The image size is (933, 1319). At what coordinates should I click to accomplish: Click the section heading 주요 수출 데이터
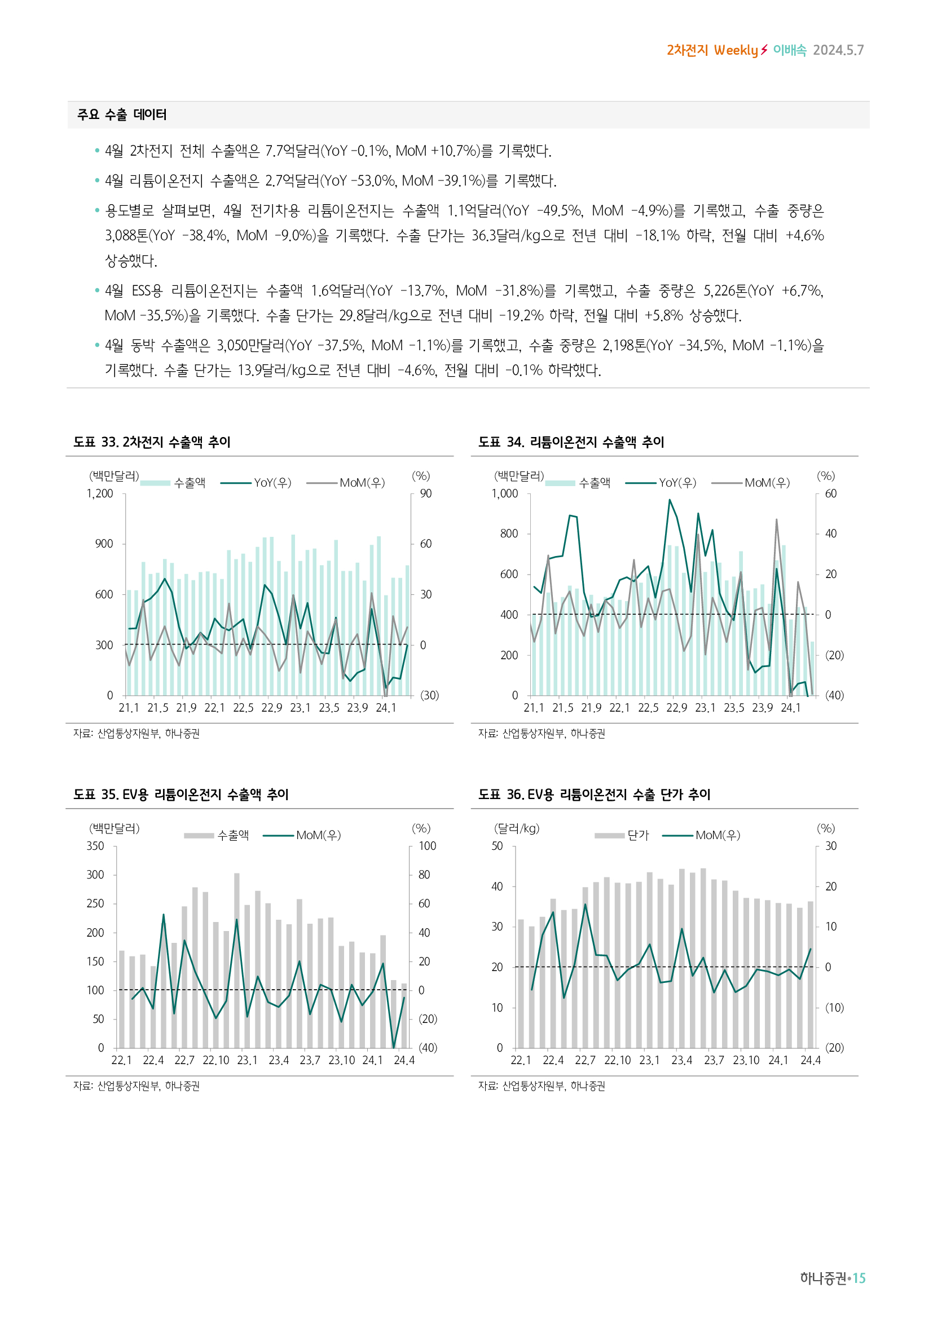pos(122,115)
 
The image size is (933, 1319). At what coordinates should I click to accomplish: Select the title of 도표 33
pos(152,442)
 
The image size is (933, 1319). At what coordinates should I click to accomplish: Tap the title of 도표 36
pos(594,795)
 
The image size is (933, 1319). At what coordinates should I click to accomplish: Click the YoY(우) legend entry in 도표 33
pos(272,483)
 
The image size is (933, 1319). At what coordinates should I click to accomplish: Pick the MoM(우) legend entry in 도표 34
pos(767,483)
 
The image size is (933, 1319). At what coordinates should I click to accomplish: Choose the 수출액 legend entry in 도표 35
pos(232,835)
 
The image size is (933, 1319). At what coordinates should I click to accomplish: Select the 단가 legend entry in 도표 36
pos(638,835)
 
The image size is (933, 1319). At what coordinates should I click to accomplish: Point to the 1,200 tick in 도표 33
pos(100,494)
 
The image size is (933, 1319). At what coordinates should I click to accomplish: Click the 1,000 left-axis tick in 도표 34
pos(505,494)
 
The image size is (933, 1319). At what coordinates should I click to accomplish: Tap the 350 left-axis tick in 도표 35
pos(95,846)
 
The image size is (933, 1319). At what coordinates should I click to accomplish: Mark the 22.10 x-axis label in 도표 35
pos(215,1061)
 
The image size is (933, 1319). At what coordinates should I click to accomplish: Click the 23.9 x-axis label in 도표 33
pos(357,708)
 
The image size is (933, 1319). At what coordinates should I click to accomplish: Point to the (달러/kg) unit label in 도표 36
pos(517,828)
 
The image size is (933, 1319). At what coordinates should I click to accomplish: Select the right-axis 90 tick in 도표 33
pos(426,494)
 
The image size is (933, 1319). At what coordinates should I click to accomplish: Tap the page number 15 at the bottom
pos(859,1278)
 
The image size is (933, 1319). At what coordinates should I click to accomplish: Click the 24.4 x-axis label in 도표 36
pos(811,1061)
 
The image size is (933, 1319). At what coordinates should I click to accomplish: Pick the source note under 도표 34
pos(541,734)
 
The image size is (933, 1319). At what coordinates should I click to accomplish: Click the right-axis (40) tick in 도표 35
pos(428,1048)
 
